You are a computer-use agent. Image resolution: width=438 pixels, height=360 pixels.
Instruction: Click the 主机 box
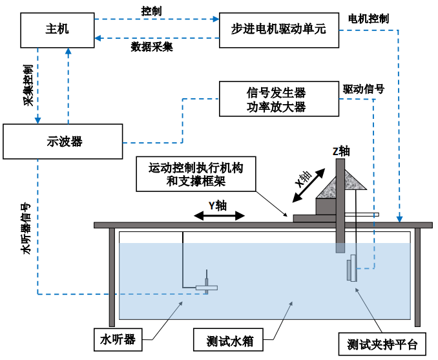click(57, 30)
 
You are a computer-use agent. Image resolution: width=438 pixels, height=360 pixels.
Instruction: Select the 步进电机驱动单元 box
click(278, 30)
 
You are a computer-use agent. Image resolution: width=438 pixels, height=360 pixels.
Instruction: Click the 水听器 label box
click(118, 339)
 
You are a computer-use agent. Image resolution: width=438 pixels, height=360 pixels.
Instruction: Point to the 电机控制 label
click(368, 18)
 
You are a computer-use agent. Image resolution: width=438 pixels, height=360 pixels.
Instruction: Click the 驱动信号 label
click(364, 89)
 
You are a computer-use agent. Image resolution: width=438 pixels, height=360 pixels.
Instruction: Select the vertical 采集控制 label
click(28, 85)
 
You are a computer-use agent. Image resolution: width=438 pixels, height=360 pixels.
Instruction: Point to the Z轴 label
click(340, 151)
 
